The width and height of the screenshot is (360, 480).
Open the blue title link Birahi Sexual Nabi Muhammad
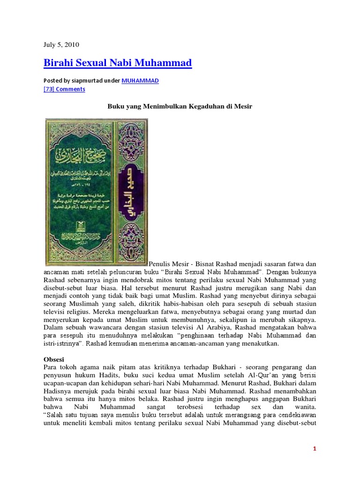(118, 63)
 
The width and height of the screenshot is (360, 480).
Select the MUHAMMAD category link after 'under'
(140, 81)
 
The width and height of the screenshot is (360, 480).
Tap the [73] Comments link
(64, 89)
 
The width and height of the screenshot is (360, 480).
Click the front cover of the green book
(81, 191)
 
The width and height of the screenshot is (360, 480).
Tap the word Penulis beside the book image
(161, 264)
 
